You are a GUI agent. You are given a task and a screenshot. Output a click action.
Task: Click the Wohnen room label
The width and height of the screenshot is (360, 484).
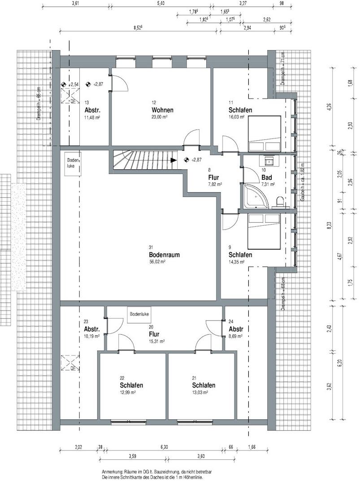(x=162, y=110)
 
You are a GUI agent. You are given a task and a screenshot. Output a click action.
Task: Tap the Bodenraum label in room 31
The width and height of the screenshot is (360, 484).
(x=165, y=255)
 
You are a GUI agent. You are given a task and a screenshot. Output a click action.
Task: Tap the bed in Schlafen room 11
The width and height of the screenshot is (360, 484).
(x=265, y=133)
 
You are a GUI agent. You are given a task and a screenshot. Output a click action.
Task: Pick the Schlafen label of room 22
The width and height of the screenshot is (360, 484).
(x=131, y=385)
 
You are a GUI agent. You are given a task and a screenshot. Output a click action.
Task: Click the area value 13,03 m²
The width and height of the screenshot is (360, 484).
(x=200, y=393)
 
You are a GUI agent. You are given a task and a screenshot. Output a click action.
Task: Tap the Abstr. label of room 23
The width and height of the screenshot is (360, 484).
(x=91, y=329)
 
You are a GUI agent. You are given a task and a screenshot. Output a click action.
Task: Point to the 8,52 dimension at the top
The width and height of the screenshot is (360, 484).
(x=137, y=28)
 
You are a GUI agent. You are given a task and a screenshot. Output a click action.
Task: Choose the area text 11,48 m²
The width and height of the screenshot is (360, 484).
(x=91, y=117)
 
